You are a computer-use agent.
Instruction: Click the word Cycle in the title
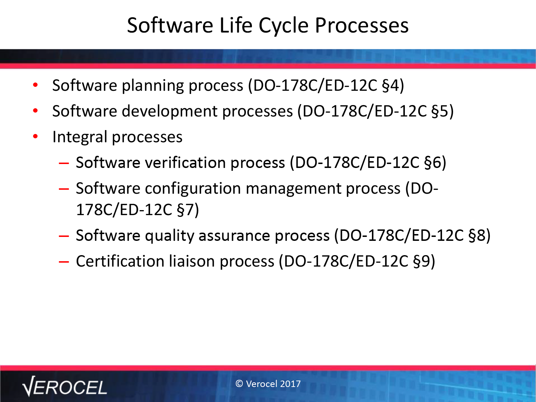pyautogui.click(x=283, y=26)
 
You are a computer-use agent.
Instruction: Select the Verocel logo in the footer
pyautogui.click(x=64, y=386)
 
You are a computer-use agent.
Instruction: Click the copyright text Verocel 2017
pyautogui.click(x=268, y=384)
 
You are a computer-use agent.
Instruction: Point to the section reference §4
pyautogui.click(x=390, y=85)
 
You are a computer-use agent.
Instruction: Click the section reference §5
pyautogui.click(x=440, y=111)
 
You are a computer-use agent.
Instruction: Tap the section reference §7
pyautogui.click(x=185, y=210)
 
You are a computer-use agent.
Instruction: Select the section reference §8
pyautogui.click(x=477, y=235)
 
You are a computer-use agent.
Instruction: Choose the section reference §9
pyautogui.click(x=421, y=262)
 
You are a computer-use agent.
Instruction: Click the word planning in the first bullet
pyautogui.click(x=153, y=86)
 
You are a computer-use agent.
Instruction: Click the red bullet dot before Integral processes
pyautogui.click(x=35, y=136)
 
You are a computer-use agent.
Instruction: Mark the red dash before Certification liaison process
pyautogui.click(x=64, y=262)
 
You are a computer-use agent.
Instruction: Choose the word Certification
pyautogui.click(x=120, y=261)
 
